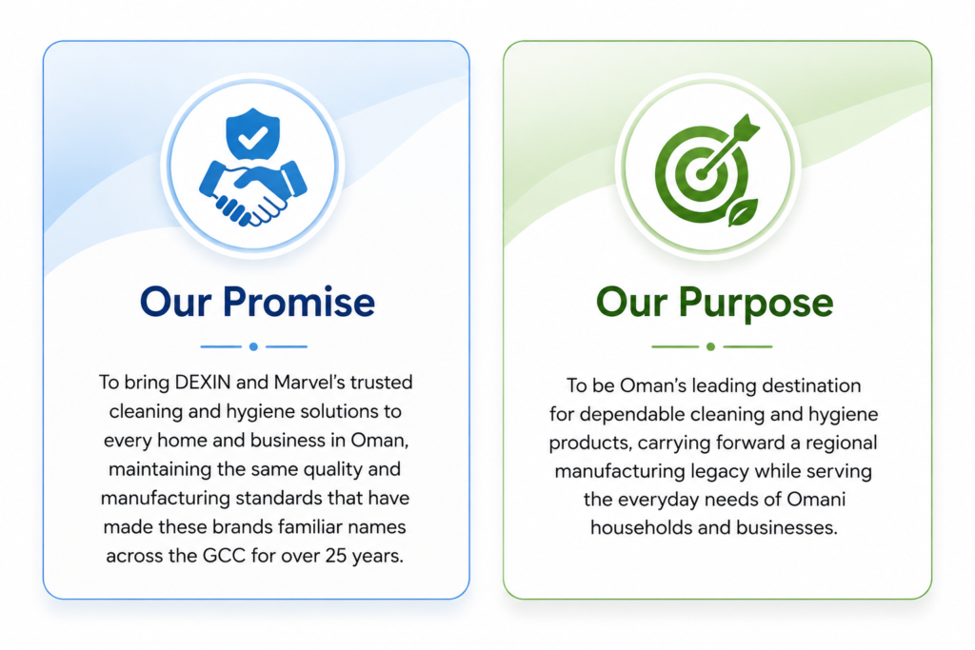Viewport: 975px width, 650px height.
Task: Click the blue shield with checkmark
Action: point(252,133)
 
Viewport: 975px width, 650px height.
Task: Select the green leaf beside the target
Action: point(743,212)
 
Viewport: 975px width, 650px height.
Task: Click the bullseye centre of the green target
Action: point(702,174)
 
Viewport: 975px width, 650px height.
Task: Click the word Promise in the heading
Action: point(298,303)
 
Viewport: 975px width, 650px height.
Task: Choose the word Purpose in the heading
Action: point(755,304)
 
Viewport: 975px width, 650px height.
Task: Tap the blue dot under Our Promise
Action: point(253,346)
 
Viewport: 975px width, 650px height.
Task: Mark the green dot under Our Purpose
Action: point(710,346)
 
